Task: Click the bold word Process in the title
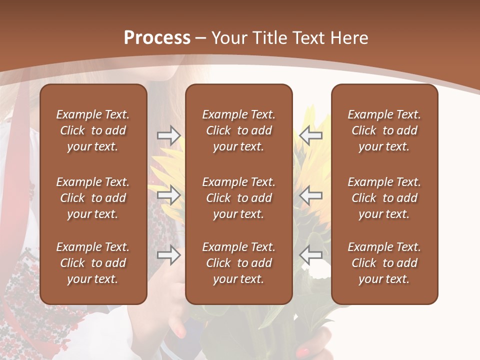pyautogui.click(x=157, y=38)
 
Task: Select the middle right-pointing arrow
pyautogui.click(x=168, y=195)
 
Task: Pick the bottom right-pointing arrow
pyautogui.click(x=168, y=255)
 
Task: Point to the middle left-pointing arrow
pyautogui.click(x=310, y=195)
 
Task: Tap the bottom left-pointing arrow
pyautogui.click(x=310, y=255)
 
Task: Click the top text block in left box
pyautogui.click(x=93, y=130)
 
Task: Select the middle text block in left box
pyautogui.click(x=93, y=198)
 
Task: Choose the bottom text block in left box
pyautogui.click(x=93, y=263)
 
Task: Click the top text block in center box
pyautogui.click(x=238, y=130)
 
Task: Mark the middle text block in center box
pyautogui.click(x=238, y=198)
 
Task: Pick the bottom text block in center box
pyautogui.click(x=238, y=263)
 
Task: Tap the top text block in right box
pyautogui.click(x=384, y=130)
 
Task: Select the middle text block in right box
pyautogui.click(x=384, y=198)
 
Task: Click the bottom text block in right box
pyautogui.click(x=384, y=263)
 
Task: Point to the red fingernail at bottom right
pyautogui.click(x=304, y=351)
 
